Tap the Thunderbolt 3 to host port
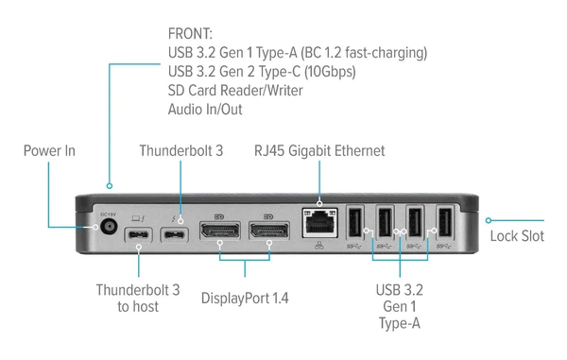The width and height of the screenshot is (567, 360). point(139,234)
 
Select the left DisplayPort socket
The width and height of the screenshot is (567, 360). point(217,231)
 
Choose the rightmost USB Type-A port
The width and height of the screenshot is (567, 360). point(444,224)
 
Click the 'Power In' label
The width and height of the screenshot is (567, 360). point(49,150)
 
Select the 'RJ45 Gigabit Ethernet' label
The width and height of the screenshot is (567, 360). point(319,150)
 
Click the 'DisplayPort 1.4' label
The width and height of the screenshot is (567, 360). point(245,298)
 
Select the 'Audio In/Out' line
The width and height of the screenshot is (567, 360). point(205,109)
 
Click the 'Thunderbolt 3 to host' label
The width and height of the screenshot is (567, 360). point(138,299)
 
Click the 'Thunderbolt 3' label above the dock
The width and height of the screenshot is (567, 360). point(180,150)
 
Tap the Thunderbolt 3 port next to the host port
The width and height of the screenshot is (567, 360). point(174,234)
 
